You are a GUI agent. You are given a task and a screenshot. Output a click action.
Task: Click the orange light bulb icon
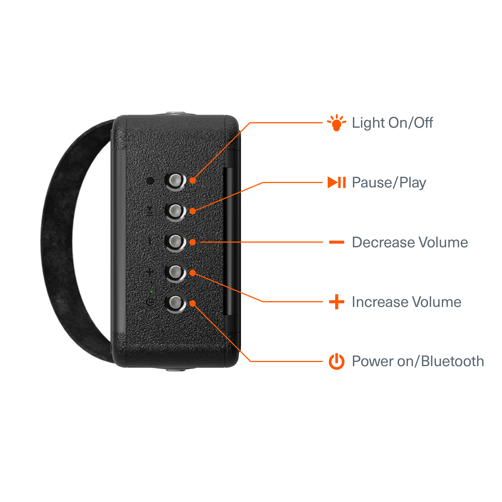pos(337,123)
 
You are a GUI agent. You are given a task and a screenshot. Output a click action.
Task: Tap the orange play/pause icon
pos(337,182)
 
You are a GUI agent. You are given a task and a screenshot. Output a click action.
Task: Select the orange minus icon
pos(337,242)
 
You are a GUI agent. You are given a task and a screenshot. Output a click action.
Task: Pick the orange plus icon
pos(337,302)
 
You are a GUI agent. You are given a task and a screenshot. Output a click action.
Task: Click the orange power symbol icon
pos(337,361)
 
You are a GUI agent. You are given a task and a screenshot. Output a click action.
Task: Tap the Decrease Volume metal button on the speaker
pos(175,241)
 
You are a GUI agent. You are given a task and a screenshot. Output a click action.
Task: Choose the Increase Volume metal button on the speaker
pos(175,272)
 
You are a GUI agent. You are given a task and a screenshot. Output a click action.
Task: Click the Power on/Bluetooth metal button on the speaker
pos(175,302)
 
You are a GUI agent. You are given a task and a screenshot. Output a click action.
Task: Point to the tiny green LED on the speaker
pos(151,292)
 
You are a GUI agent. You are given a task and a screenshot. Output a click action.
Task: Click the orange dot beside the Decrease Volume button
pos(192,242)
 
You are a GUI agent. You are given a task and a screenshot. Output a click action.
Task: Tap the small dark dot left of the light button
pos(150,181)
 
